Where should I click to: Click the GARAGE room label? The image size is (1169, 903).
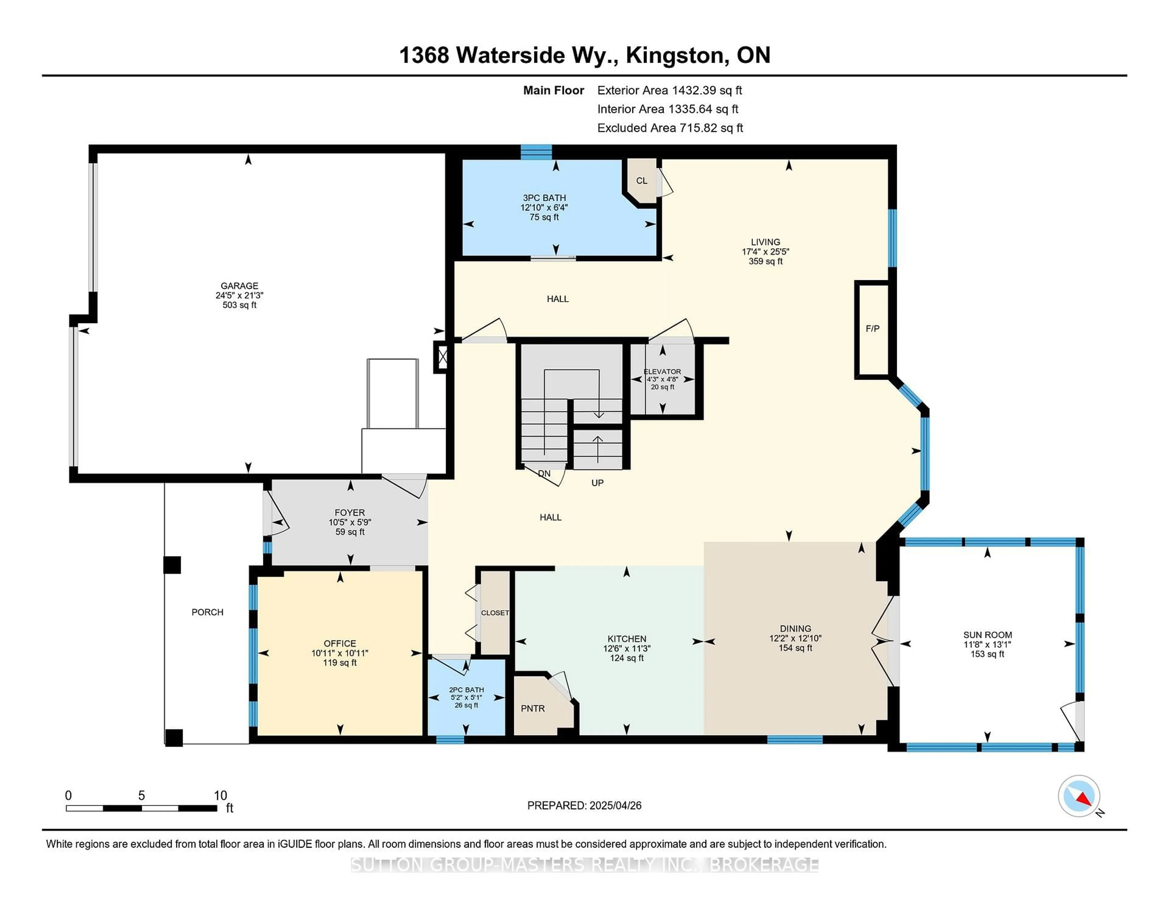pyautogui.click(x=239, y=286)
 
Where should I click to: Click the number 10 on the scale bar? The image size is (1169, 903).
pyautogui.click(x=220, y=796)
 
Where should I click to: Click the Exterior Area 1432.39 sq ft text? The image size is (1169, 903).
pyautogui.click(x=670, y=90)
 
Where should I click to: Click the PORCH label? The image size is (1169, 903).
pyautogui.click(x=208, y=612)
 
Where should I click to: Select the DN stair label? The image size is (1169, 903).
pyautogui.click(x=544, y=473)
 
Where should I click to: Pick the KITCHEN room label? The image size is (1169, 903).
pyautogui.click(x=627, y=639)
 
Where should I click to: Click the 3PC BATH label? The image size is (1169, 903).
pyautogui.click(x=544, y=198)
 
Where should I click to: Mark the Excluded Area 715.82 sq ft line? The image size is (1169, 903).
pyautogui.click(x=670, y=128)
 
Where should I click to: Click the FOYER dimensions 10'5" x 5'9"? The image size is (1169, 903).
pyautogui.click(x=349, y=522)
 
